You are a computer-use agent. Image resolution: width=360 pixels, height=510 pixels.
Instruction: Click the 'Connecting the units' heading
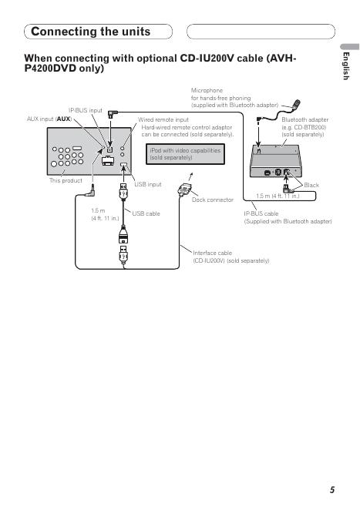click(90, 32)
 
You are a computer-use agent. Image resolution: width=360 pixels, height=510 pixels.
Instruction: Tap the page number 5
click(332, 490)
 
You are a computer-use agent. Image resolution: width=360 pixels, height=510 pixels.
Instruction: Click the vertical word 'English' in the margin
click(346, 66)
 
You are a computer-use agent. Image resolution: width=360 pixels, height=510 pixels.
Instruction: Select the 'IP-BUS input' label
click(86, 110)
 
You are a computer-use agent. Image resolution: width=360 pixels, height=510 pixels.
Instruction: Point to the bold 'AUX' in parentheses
click(63, 119)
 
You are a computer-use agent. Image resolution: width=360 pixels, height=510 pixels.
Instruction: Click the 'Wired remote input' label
click(163, 119)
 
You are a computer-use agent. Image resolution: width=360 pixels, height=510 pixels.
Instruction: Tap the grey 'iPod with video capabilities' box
click(185, 154)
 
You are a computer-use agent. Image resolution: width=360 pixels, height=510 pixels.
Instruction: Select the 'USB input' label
click(148, 184)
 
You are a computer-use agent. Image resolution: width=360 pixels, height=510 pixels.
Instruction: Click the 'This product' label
click(66, 180)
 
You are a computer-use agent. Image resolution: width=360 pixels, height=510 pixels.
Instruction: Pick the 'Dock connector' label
click(213, 200)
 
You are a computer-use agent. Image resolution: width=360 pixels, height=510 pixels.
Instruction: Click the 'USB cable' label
click(146, 213)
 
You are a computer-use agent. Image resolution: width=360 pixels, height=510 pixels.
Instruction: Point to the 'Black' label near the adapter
click(311, 185)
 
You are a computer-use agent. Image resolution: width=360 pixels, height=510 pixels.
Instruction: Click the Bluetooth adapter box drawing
click(276, 161)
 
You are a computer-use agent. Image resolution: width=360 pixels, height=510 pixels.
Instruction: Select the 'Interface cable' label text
click(213, 253)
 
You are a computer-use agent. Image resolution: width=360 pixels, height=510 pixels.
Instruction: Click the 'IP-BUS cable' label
click(261, 213)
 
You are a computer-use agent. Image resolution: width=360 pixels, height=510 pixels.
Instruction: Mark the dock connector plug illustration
click(185, 190)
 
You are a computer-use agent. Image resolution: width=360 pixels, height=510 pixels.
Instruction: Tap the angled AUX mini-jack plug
click(90, 191)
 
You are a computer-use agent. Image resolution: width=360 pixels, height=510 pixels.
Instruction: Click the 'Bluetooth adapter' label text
click(305, 119)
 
